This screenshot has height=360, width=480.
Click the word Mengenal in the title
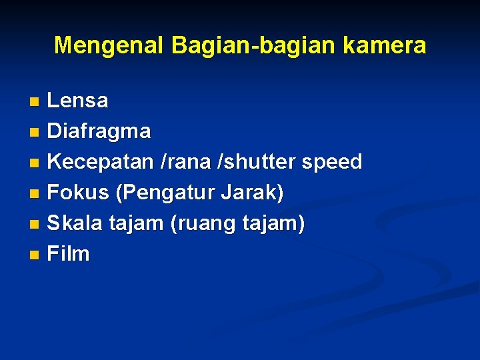pos(109,45)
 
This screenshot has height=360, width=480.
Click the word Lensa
pos(77,101)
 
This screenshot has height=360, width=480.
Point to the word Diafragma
pos(99,131)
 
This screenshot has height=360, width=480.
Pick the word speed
pos(333,162)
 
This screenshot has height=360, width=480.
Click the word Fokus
pos(78,193)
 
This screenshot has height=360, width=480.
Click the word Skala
pos(75,223)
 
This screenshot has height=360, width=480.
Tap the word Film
pos(68,254)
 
